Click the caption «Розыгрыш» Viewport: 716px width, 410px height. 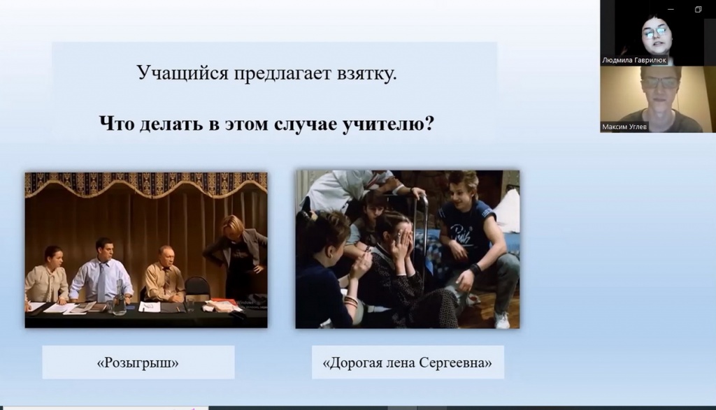click(138, 363)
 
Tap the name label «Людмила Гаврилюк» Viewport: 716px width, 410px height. click(633, 60)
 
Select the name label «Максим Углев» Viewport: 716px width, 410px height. click(624, 127)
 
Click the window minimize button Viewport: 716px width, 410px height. click(671, 9)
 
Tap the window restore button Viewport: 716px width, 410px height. click(699, 9)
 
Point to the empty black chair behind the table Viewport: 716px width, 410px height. click(196, 288)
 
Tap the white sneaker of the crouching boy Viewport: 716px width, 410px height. click(501, 320)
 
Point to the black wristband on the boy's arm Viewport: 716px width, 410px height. click(475, 269)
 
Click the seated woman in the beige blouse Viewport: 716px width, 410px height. click(47, 275)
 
